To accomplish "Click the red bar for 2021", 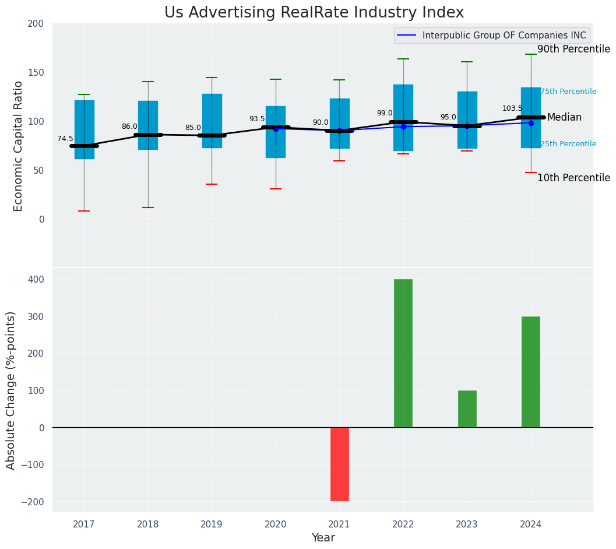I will click(339, 464).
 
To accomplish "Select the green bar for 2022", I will click(403, 353).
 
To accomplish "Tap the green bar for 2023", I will click(467, 409).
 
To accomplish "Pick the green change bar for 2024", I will click(531, 372).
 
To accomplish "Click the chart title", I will click(314, 13).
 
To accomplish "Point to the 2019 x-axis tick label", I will click(212, 525).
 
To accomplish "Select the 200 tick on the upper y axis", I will click(36, 24).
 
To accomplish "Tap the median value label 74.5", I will click(65, 139).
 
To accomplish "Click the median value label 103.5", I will click(513, 108).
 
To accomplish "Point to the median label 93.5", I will click(257, 119).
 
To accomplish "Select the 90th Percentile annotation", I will click(573, 50).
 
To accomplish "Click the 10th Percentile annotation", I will click(573, 178).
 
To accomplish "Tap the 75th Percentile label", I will click(568, 91).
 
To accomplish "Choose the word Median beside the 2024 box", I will click(564, 117).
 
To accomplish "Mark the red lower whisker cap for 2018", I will click(148, 207).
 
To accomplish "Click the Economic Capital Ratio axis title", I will click(18, 146).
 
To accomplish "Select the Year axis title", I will click(323, 538).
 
